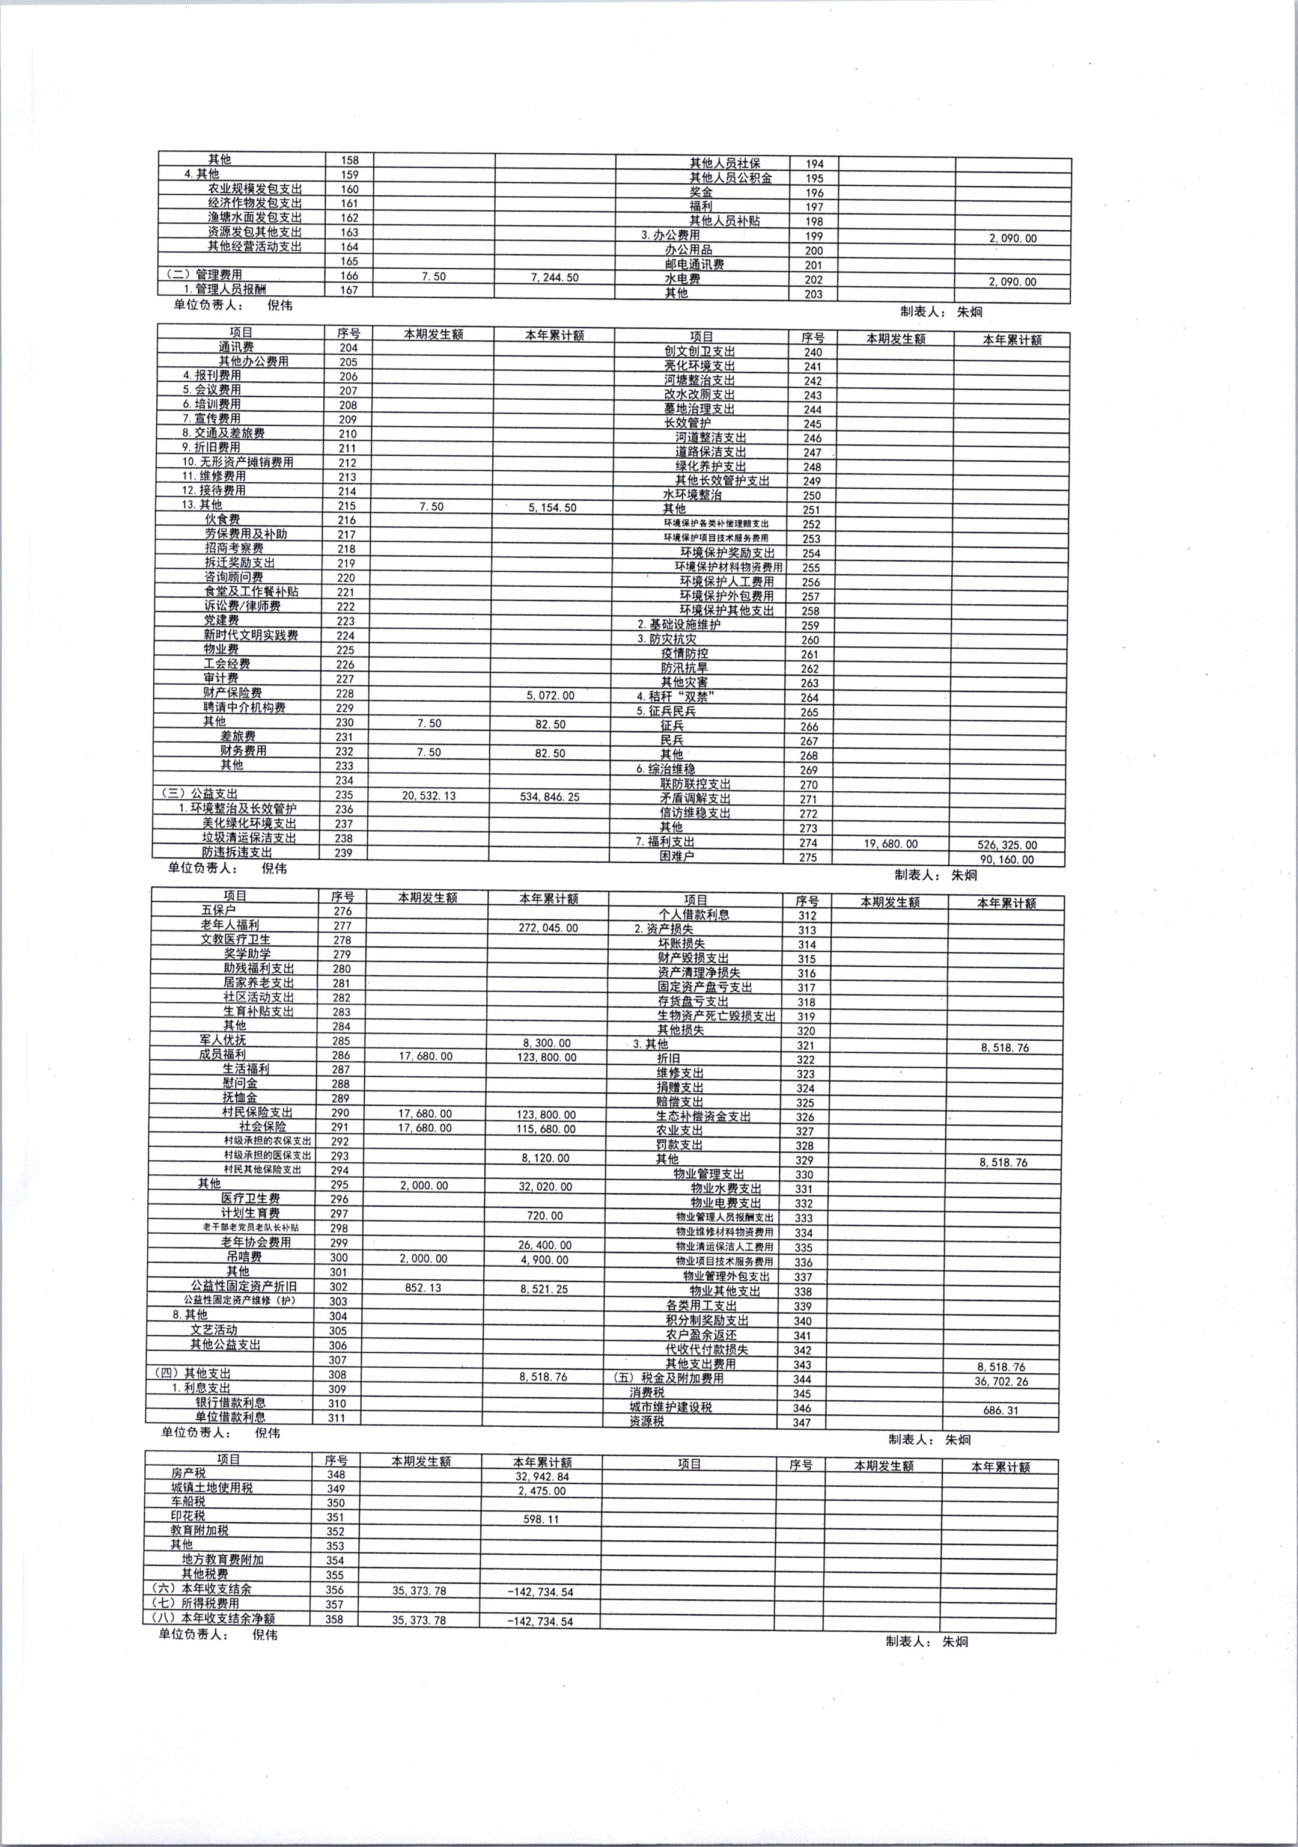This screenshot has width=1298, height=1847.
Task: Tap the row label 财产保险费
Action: pos(233,693)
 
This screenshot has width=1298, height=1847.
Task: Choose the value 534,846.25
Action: pos(550,797)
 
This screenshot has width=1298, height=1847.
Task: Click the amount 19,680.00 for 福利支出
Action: pos(889,844)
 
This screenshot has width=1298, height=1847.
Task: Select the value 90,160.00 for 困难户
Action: pos(1007,860)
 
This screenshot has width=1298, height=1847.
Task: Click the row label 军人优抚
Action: pos(223,1040)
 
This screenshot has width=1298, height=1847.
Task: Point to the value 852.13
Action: pos(423,1288)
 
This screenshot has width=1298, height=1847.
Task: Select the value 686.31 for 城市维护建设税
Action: pos(1001,1410)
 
